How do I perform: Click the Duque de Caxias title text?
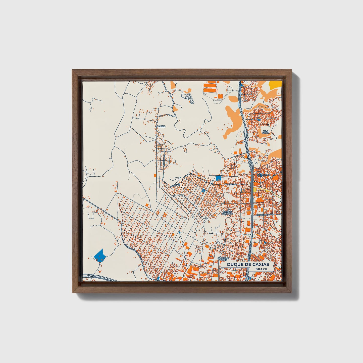point(248,265)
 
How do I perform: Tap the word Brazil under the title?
point(261,269)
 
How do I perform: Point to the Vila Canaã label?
point(266,132)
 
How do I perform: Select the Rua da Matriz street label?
point(263,174)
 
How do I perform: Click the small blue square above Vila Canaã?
point(259,119)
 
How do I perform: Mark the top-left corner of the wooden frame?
point(72,70)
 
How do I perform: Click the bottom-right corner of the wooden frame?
point(291,293)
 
